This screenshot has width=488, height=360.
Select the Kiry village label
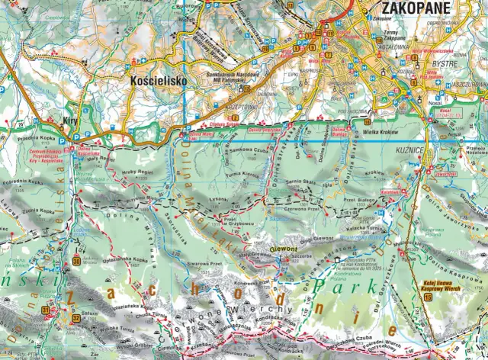click(x=71, y=121)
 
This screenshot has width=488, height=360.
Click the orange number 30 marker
click(x=76, y=262)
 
